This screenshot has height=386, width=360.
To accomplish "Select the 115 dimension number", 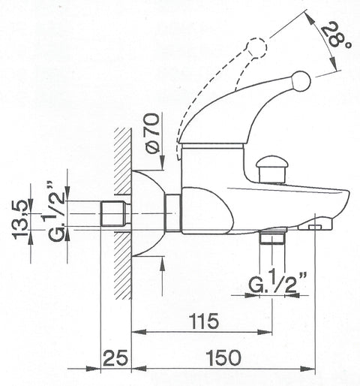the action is (x=204, y=321).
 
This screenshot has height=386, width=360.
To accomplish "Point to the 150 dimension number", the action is (x=223, y=357).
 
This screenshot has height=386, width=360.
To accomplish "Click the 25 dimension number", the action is (x=115, y=358).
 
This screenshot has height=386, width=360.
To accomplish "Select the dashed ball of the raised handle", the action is (x=257, y=48).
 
